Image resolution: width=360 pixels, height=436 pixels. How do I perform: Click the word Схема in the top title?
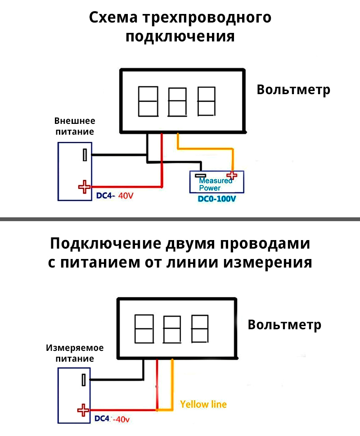click(113, 18)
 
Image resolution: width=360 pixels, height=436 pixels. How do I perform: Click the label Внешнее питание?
click(75, 126)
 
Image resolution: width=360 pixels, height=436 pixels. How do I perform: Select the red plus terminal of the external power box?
click(84, 186)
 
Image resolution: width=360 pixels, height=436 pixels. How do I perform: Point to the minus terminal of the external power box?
click(84, 155)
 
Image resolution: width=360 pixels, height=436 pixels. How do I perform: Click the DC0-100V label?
click(217, 199)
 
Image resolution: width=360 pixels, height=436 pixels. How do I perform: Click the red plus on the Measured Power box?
click(232, 175)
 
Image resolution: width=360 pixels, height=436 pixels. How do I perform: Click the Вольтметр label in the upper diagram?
click(293, 90)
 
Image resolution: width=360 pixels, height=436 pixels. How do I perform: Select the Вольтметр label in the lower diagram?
click(284, 325)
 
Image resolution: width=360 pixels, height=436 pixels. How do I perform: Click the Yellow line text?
click(203, 404)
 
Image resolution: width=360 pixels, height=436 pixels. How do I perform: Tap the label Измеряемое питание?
click(75, 353)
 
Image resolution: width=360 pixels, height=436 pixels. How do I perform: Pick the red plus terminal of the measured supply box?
click(83, 410)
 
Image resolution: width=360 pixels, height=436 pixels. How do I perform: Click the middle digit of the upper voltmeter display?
click(177, 102)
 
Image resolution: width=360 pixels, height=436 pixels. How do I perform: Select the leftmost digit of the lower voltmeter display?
click(144, 328)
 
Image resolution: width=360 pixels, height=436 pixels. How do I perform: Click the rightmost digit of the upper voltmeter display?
click(206, 102)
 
